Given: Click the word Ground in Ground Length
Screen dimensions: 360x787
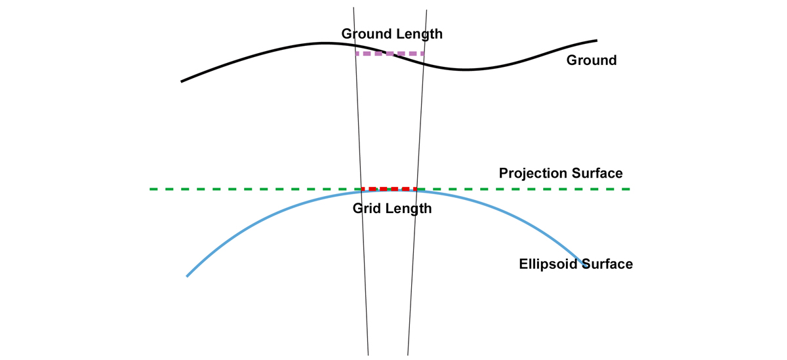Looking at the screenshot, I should click(x=366, y=33).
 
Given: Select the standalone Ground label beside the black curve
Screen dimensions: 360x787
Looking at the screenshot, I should click(x=592, y=60).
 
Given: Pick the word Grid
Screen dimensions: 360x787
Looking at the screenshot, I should click(x=366, y=209).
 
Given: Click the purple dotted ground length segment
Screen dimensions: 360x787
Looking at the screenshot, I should click(x=390, y=54).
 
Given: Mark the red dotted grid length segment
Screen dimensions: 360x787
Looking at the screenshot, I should click(x=389, y=189).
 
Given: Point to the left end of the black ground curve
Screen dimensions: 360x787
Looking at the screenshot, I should click(x=182, y=81).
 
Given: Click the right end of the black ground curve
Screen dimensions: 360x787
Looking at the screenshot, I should click(x=596, y=40).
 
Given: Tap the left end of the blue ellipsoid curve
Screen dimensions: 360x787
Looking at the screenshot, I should click(x=188, y=275).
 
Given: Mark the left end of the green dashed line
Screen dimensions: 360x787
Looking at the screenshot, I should click(x=151, y=189).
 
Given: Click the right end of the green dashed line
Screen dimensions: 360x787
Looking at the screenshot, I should click(x=629, y=189).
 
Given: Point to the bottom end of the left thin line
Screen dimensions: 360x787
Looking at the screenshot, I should click(x=368, y=354).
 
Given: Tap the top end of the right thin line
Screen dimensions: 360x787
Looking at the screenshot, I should click(x=427, y=10).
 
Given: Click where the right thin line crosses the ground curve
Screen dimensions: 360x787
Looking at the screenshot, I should click(x=424, y=63).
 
